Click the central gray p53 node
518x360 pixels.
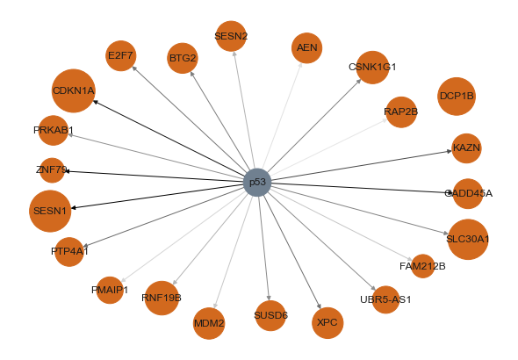[257, 183]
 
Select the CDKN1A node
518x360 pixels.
[74, 90]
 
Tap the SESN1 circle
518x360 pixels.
[50, 211]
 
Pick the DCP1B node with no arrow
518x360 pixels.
[457, 97]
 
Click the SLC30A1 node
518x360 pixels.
[468, 240]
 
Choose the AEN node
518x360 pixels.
[307, 48]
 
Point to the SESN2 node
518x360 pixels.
[231, 36]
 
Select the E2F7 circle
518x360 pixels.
[121, 56]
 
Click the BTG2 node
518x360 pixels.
[183, 58]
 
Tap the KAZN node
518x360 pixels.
[466, 148]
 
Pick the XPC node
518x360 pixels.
[327, 322]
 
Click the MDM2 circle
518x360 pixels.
[209, 323]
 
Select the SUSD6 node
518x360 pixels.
[270, 316]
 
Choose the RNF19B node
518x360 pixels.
[162, 298]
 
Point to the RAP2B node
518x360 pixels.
[401, 112]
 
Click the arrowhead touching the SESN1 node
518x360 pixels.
[74, 207]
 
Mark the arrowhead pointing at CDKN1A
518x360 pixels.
[95, 102]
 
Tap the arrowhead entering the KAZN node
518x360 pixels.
[450, 151]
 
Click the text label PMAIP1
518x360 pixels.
[110, 290]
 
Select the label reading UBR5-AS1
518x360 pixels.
[385, 299]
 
